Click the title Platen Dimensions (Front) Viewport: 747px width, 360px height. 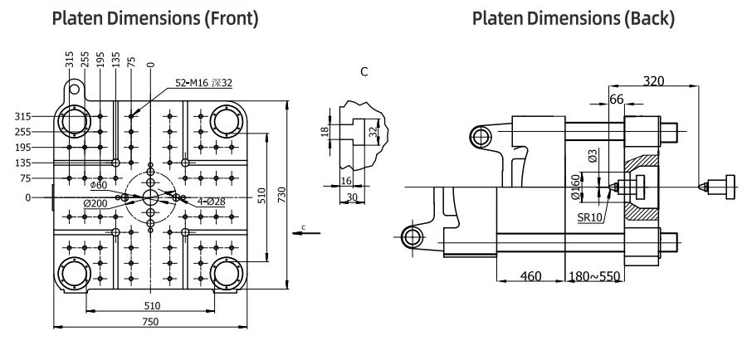point(154,17)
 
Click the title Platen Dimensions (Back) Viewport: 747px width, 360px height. point(574,17)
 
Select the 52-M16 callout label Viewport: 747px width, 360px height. point(203,83)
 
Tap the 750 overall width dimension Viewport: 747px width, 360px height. point(149,321)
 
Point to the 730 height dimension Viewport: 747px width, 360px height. point(282,196)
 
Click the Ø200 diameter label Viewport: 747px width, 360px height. point(98,204)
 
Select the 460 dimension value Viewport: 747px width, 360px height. point(530,275)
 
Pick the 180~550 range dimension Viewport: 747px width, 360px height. point(594,275)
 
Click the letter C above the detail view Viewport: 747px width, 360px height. point(364,72)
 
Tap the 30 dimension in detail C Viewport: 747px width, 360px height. point(352,197)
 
